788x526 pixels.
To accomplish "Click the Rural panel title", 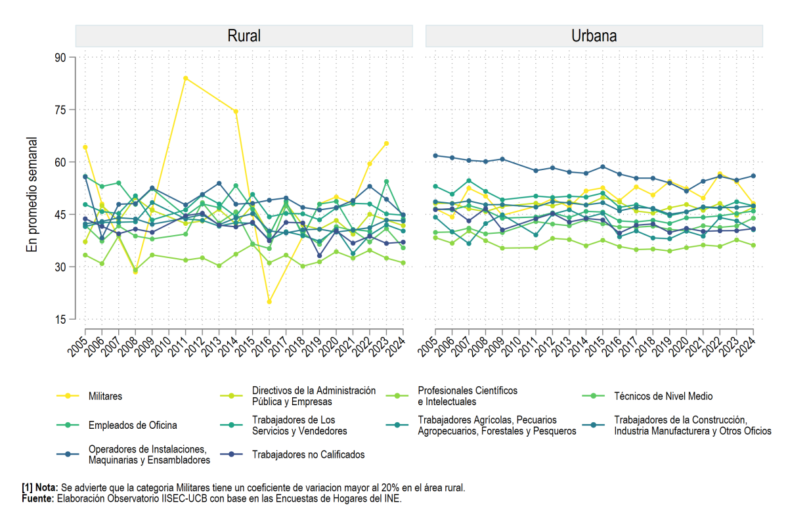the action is [x=244, y=36].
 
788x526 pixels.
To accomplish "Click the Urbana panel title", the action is [x=594, y=36].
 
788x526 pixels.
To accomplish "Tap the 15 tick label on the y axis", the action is [x=60, y=319].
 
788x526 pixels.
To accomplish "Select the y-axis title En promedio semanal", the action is [x=32, y=194].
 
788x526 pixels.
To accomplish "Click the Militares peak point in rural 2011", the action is [x=185, y=78].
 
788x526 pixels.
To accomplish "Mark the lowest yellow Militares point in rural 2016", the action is [x=269, y=301].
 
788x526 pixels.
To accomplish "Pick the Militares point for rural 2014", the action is [x=236, y=112].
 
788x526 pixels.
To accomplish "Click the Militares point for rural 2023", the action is [x=386, y=143].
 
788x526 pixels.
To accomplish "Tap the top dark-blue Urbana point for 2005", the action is [x=435, y=156].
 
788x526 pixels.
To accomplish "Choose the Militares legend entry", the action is [x=89, y=396].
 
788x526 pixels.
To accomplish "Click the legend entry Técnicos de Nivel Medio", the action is [x=647, y=396].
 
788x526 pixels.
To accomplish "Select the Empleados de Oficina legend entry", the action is [x=116, y=425].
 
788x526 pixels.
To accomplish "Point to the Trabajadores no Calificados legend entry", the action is [x=292, y=454].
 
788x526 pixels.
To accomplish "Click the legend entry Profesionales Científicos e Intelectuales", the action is [x=451, y=396].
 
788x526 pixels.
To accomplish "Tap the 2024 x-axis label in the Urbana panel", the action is [x=747, y=347].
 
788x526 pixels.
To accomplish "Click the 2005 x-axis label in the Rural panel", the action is [x=77, y=347].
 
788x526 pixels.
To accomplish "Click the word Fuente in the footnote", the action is [x=37, y=498].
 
